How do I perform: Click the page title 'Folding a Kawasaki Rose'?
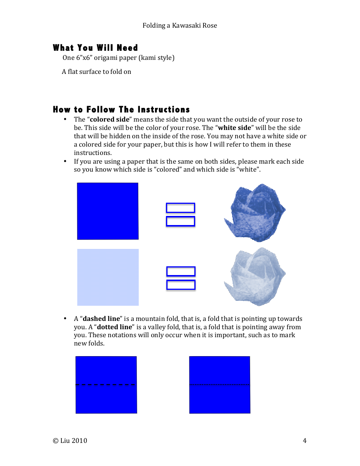pyautogui.click(x=180, y=25)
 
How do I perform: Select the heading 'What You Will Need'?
pyautogui.click(x=95, y=48)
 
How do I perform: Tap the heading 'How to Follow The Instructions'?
pyautogui.click(x=121, y=109)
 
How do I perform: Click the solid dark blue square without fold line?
pyautogui.click(x=108, y=211)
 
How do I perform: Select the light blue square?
pyautogui.click(x=108, y=277)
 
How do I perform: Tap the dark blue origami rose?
pyautogui.click(x=255, y=213)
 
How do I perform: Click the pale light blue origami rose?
pyautogui.click(x=255, y=277)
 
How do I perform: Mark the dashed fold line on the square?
pyautogui.click(x=106, y=385)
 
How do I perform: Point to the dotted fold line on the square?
pyautogui.click(x=219, y=385)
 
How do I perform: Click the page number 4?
pyautogui.click(x=304, y=441)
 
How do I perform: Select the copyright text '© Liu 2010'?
pyautogui.click(x=70, y=441)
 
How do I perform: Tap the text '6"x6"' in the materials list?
pyautogui.click(x=84, y=58)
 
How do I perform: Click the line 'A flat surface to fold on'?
pyautogui.click(x=97, y=72)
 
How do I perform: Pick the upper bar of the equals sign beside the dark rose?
pyautogui.click(x=180, y=208)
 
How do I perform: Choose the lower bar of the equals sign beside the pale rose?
pyautogui.click(x=181, y=285)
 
